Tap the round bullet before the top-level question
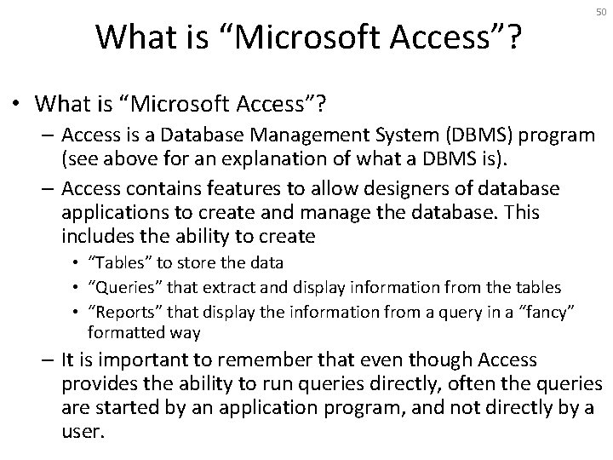[x=19, y=105]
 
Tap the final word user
[x=82, y=432]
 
